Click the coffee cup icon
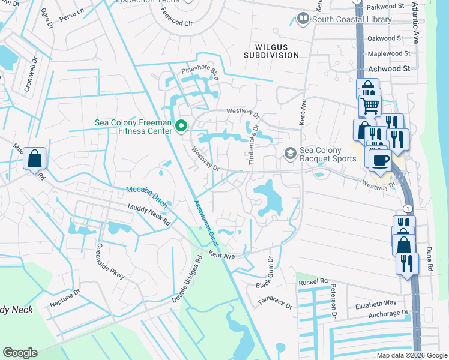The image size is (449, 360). point(380,160)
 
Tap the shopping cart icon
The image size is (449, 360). point(370,106)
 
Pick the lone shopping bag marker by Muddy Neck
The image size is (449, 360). point(35,159)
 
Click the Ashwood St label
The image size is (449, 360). point(389,69)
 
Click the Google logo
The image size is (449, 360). point(20,353)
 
